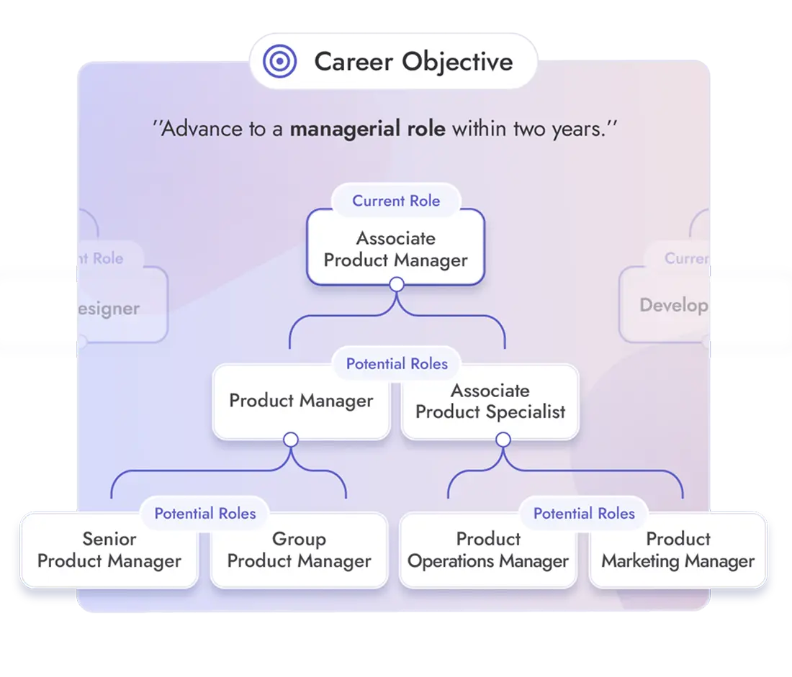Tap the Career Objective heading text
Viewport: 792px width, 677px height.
tap(413, 62)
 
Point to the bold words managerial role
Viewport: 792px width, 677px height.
tap(367, 130)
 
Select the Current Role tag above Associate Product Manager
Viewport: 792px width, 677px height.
tap(396, 201)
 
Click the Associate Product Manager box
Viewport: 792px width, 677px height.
tap(395, 248)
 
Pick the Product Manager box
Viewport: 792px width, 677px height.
tap(301, 401)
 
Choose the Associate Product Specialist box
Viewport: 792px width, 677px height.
tap(490, 401)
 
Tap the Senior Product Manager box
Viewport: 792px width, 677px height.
tap(109, 550)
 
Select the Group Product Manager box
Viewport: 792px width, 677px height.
tap(299, 550)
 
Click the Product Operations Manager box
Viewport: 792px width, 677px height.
tap(488, 550)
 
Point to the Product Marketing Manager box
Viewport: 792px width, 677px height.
tap(678, 550)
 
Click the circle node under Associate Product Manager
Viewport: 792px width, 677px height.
tap(396, 285)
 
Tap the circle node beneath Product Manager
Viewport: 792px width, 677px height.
tap(291, 439)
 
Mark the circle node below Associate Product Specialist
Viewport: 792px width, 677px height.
tap(503, 439)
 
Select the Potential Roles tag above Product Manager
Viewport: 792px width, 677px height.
tap(397, 364)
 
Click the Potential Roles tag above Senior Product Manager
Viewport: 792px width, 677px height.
tap(205, 514)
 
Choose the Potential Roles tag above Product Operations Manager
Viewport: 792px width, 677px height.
tap(584, 514)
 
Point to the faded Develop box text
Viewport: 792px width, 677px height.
tap(673, 305)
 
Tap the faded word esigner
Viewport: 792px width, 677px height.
tap(108, 309)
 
